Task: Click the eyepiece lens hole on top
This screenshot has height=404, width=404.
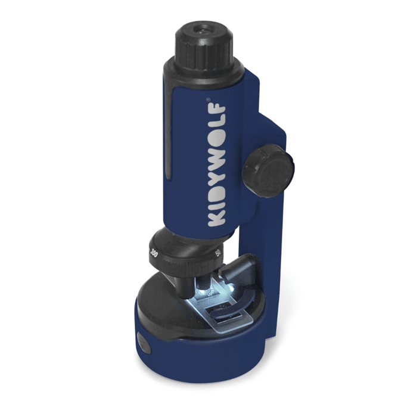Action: tap(203, 30)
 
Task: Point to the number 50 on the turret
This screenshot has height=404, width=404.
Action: tap(218, 253)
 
